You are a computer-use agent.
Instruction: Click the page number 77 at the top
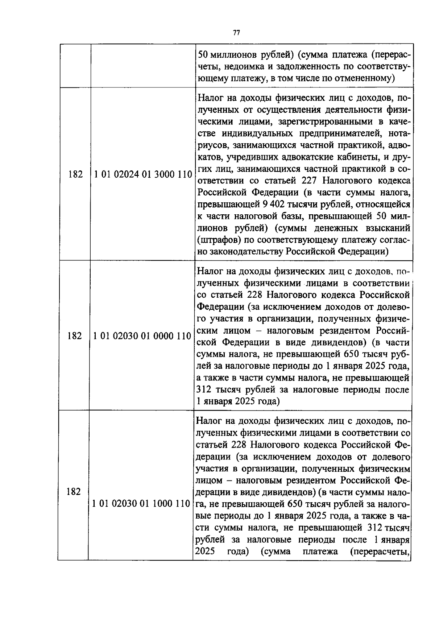236,33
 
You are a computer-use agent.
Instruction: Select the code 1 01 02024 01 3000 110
143,174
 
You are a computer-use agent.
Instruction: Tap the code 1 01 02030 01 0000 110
142,336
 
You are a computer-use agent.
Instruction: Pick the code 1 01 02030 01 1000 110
141,503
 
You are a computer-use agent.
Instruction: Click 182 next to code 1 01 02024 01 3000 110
75,174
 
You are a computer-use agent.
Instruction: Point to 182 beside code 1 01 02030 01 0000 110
74,336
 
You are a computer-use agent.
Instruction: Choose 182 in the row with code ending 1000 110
74,492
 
